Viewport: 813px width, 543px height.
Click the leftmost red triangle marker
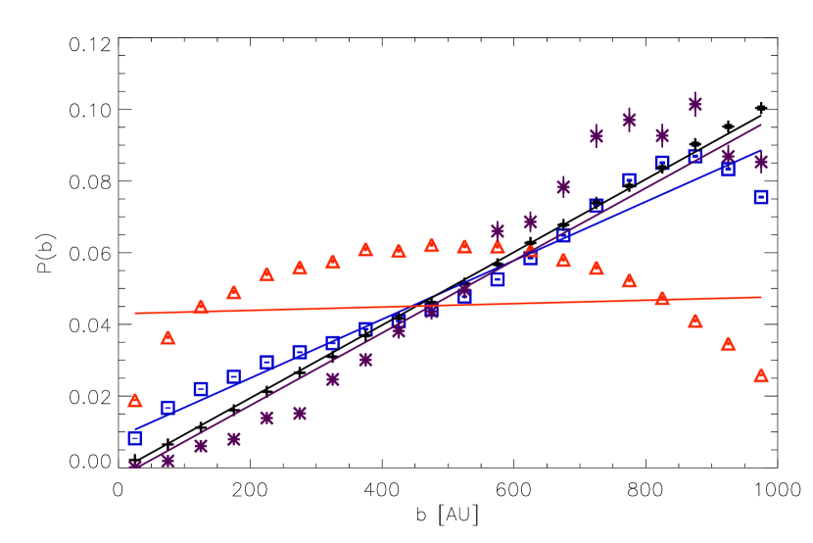(x=135, y=400)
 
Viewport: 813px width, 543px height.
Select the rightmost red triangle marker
(x=761, y=375)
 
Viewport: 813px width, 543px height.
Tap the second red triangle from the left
(x=167, y=338)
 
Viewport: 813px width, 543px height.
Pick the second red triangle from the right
(x=728, y=344)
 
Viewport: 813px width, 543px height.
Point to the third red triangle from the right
(x=695, y=321)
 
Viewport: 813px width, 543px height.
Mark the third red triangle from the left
(x=201, y=307)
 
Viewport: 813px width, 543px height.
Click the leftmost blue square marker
(x=135, y=438)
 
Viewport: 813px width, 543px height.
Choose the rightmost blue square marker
(x=761, y=197)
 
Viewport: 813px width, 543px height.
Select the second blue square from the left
(x=167, y=407)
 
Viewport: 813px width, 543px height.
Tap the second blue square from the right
(x=728, y=170)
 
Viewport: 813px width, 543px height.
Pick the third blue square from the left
(x=201, y=389)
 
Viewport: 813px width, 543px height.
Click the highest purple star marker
(x=695, y=103)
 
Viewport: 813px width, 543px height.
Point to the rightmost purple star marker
(x=761, y=162)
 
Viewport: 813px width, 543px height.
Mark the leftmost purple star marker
(x=135, y=466)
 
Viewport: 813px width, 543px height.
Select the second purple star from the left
(x=167, y=460)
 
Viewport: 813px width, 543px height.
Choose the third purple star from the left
(x=201, y=446)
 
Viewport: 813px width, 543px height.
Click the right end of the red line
(x=761, y=297)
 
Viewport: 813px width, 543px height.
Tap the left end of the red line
(x=135, y=313)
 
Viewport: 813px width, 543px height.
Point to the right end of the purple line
(x=761, y=124)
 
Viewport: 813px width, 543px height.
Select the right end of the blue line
(x=761, y=150)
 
